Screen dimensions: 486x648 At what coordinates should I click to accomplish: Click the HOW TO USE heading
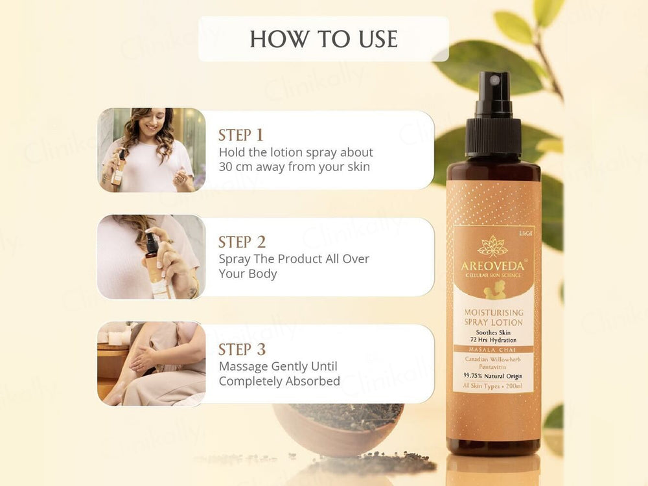coord(323,39)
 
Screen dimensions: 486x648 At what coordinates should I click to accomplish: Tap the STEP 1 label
coord(241,135)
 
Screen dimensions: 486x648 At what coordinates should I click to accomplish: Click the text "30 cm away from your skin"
coord(294,167)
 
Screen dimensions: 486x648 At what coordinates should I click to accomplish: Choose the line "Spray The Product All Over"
coord(294,259)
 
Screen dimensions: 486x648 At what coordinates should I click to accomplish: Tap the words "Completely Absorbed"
coord(279,381)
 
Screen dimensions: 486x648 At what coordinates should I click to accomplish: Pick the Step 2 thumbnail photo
coord(151,257)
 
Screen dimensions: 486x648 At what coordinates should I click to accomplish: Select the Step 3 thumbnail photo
coord(151,364)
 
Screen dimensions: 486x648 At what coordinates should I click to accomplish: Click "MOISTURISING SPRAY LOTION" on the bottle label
coord(494,318)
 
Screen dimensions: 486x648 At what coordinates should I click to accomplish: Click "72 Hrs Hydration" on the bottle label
coord(494,340)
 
